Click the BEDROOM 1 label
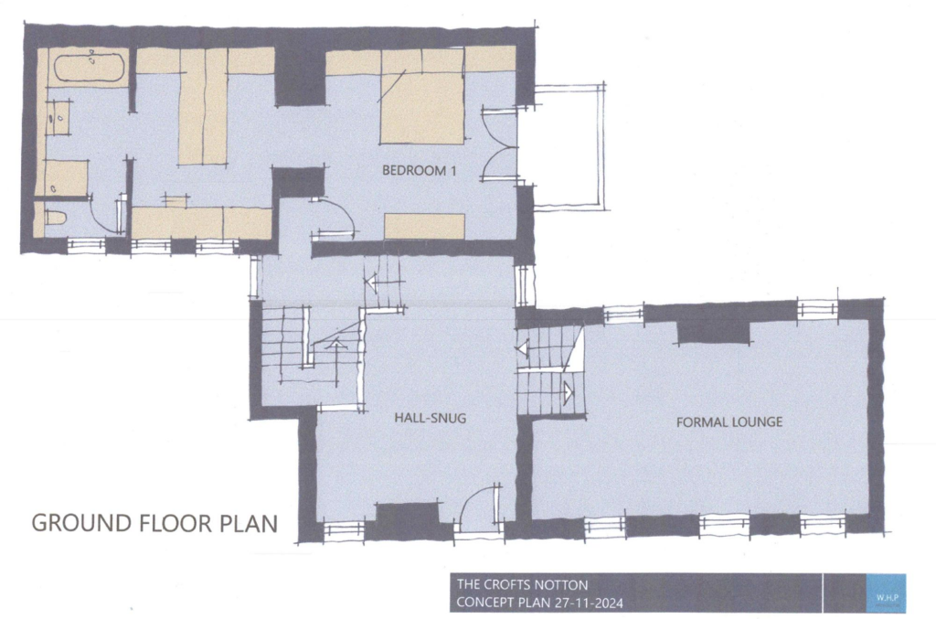pos(418,170)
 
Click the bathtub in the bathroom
pos(90,69)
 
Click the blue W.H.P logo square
pos(885,593)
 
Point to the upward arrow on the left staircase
pos(335,345)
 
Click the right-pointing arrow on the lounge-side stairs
pos(568,393)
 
